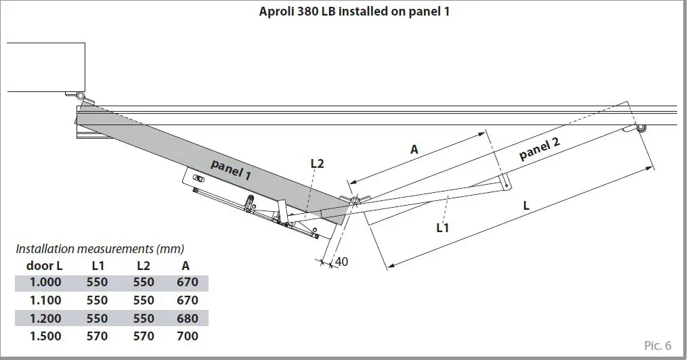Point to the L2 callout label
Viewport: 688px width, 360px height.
pos(318,163)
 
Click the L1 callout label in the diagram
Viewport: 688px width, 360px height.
pos(443,228)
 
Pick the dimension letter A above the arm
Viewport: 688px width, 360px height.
pos(414,150)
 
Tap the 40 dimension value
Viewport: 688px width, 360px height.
pos(341,261)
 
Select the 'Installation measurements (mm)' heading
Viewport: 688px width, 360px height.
pos(100,249)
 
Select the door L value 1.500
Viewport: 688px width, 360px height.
pos(45,336)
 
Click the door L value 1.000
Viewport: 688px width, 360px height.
pos(45,283)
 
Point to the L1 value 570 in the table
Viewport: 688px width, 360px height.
pos(98,336)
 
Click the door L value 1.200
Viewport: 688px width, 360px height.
pos(45,318)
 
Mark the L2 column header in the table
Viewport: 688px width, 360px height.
pos(143,266)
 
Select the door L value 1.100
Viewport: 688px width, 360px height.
pos(45,300)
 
